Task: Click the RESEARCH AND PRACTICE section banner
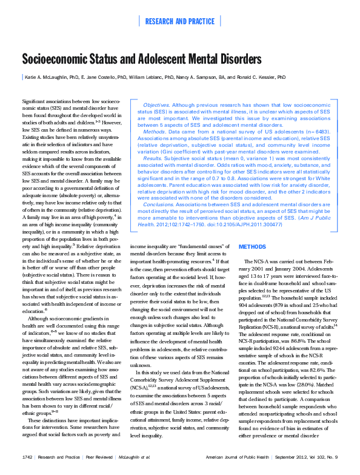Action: click(179, 21)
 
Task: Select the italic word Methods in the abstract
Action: click(154, 130)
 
